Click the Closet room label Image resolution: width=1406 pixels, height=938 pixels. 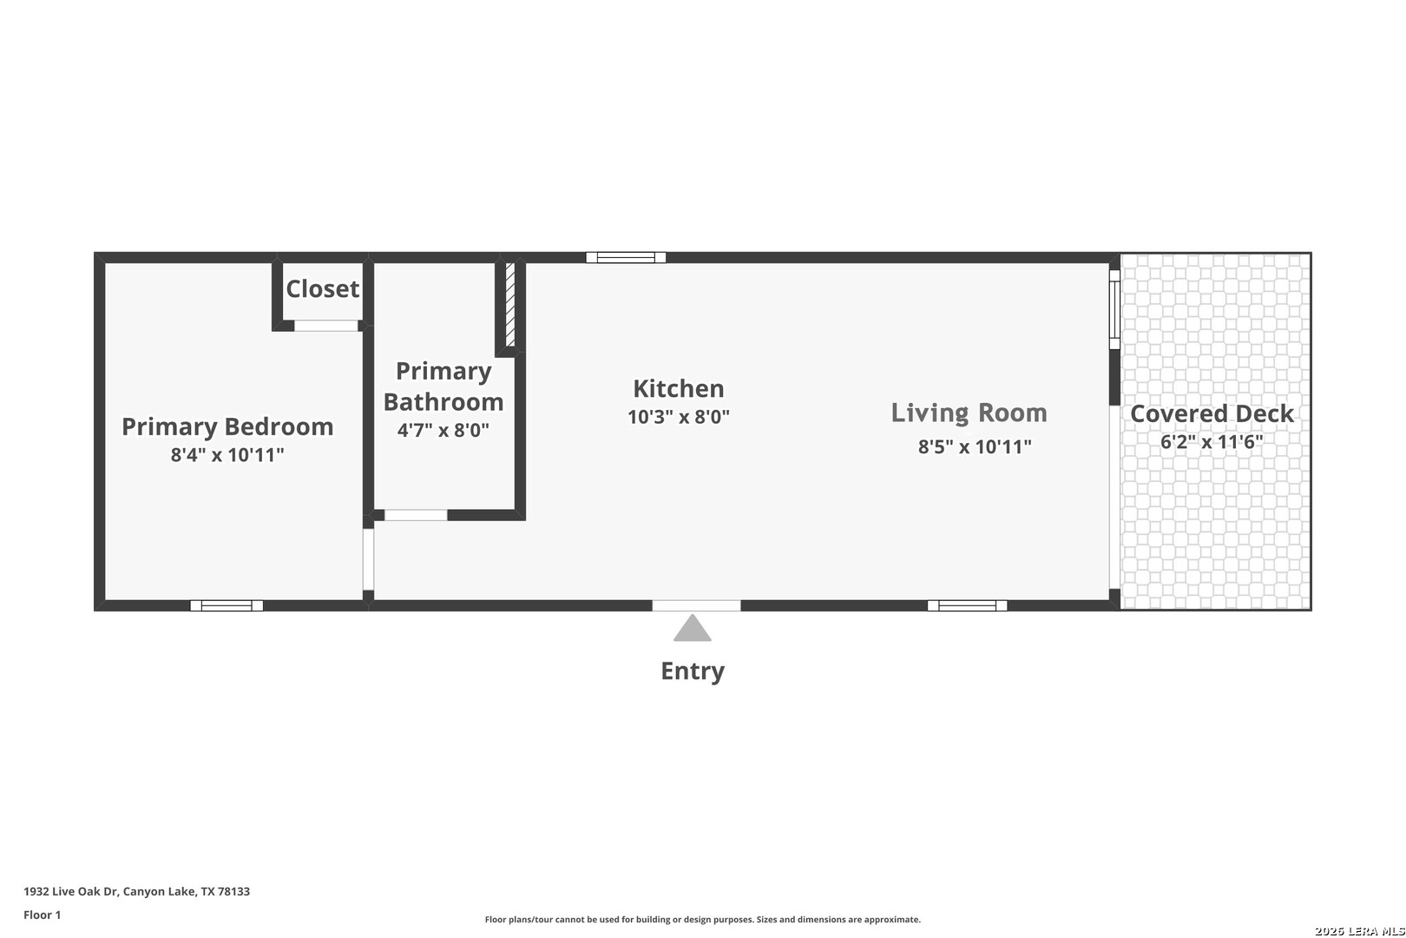click(x=323, y=289)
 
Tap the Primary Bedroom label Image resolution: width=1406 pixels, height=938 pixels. click(x=227, y=427)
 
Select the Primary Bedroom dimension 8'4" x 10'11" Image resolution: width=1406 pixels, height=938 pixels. click(x=227, y=454)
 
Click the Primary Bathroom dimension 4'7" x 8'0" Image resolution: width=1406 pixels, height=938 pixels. click(x=443, y=430)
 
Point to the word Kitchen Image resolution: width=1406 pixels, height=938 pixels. click(x=679, y=388)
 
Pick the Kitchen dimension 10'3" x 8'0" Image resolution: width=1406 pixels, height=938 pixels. click(x=679, y=417)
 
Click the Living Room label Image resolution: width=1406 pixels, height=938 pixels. click(x=969, y=413)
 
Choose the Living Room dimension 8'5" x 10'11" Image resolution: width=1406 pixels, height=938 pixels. click(x=975, y=446)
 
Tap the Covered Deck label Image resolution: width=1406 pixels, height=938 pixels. click(x=1212, y=413)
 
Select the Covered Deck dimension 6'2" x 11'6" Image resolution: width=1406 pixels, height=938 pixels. click(x=1212, y=442)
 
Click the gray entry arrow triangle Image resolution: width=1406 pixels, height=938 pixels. click(x=693, y=629)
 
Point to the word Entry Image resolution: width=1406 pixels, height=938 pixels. click(x=693, y=671)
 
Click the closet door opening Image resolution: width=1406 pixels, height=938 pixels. click(x=326, y=326)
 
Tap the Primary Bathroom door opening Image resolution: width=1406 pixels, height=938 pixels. click(x=416, y=515)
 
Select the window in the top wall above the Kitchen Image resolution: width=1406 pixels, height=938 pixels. click(x=626, y=257)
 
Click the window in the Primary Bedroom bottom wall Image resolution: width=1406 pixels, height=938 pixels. click(x=227, y=605)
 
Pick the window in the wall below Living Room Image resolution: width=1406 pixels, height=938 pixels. click(x=967, y=605)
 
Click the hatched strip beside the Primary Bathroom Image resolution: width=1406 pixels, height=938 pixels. click(x=510, y=305)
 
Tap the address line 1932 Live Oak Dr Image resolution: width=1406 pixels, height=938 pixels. click(x=137, y=891)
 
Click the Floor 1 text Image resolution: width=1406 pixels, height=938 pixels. click(x=42, y=915)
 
